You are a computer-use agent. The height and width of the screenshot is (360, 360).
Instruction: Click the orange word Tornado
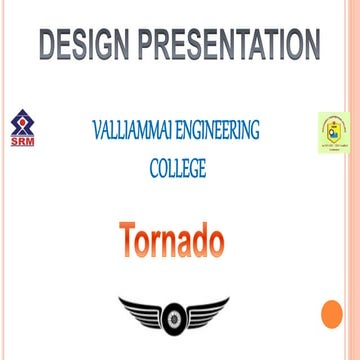point(171,240)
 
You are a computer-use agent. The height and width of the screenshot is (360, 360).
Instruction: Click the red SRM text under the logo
point(20,142)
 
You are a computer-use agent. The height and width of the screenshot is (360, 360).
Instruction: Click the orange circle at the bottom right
point(332,315)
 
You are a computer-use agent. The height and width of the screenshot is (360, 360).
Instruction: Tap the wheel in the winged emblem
point(173,319)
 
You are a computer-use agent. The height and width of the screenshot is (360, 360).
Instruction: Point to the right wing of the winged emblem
point(206,313)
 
